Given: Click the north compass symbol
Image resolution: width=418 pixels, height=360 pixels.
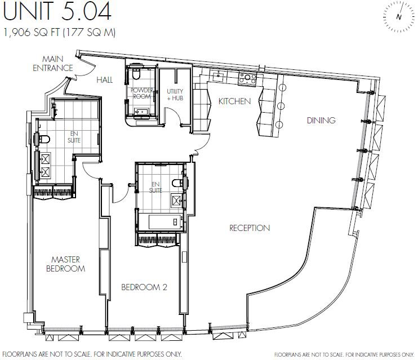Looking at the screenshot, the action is point(399,16).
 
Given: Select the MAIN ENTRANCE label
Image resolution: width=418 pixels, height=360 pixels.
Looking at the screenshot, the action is point(53,64).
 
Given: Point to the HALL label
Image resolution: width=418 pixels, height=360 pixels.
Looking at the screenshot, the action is point(105,80).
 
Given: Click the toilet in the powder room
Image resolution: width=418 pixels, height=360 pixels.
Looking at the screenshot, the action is point(136,74).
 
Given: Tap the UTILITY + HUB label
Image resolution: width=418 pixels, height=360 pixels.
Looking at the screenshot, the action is point(175,95).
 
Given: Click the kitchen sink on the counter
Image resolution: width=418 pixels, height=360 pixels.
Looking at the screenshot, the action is point(219,77).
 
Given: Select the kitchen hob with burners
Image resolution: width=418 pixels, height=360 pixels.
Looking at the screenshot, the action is point(247,78).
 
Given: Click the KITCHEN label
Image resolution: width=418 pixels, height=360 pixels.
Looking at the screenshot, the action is point(234,101).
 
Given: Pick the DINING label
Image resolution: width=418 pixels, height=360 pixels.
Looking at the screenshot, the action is point(321,120).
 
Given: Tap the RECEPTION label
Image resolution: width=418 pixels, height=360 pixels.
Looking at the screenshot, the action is point(250,228).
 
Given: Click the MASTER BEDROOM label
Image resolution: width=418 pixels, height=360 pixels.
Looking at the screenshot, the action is point(65,264).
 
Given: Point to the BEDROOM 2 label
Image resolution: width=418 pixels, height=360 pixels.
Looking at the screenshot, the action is point(144,287).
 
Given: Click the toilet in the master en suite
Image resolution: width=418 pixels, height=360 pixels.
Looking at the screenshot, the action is point(43,139).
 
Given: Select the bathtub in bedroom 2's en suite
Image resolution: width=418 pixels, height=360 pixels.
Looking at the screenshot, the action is point(165,222).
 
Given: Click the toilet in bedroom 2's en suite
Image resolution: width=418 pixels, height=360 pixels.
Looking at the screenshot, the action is point(179,183).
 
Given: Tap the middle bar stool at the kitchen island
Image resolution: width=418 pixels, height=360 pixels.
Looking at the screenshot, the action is point(281,106).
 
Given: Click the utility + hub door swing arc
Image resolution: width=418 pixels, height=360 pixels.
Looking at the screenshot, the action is point(174,115).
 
